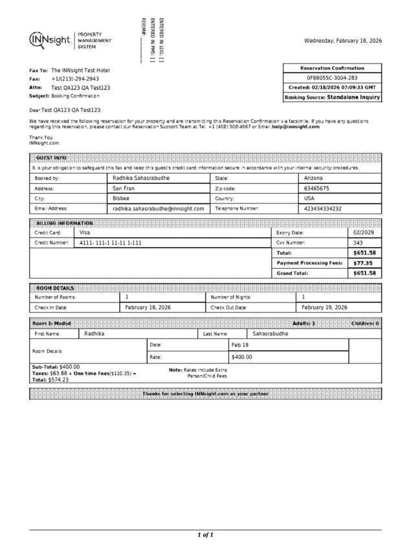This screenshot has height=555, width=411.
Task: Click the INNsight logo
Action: (50, 40)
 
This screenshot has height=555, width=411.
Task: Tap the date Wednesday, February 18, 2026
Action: (342, 41)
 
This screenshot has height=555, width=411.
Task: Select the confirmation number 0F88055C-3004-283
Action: (332, 78)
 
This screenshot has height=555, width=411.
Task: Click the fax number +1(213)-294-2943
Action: (75, 78)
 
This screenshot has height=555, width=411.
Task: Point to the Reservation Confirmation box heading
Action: (332, 68)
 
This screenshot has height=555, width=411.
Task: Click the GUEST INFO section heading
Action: (51, 158)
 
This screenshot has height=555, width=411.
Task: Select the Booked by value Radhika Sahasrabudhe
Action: (141, 177)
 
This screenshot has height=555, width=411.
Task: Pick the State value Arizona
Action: (313, 177)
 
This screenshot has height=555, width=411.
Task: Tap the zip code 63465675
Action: (317, 188)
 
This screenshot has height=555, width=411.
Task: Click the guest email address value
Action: (158, 209)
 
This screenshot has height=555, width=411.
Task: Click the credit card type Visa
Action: (85, 232)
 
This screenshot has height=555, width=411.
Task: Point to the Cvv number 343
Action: (358, 243)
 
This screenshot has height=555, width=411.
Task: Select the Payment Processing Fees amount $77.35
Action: (362, 263)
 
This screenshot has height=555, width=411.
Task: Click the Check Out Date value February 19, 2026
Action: (324, 308)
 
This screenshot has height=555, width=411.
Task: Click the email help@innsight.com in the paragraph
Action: (296, 127)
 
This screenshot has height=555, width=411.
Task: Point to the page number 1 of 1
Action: (205, 535)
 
